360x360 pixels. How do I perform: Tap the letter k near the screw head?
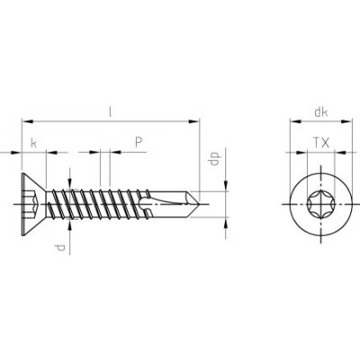pos(33,143)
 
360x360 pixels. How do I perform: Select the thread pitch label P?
pos(138,141)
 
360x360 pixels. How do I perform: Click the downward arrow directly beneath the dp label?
pos(221,184)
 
